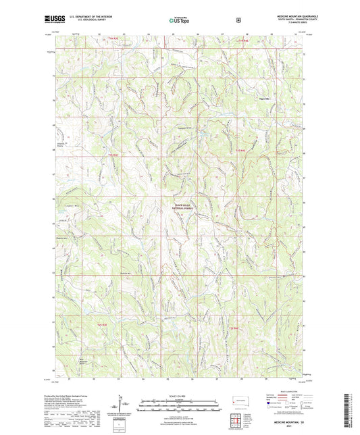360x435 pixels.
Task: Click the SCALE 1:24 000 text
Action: (179, 394)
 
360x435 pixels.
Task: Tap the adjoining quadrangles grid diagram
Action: (237, 419)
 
